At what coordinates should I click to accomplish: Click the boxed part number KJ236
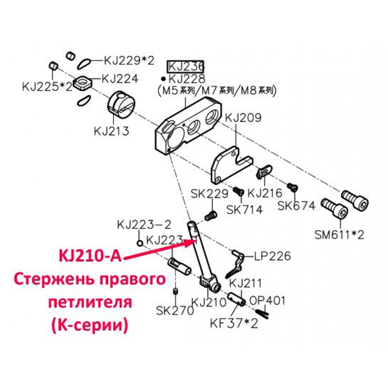[185, 67]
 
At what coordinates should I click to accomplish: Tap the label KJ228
[187, 79]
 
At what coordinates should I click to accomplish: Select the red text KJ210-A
[90, 256]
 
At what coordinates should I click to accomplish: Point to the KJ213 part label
[112, 131]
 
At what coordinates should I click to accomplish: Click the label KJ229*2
[129, 60]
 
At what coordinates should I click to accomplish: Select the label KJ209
[243, 118]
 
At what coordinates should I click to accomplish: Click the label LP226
[272, 256]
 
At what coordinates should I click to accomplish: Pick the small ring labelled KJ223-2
[140, 243]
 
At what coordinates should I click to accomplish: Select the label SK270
[175, 310]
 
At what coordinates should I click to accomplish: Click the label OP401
[267, 301]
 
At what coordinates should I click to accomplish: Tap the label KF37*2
[234, 323]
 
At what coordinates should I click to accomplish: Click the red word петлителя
[90, 302]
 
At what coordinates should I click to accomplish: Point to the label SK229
[210, 194]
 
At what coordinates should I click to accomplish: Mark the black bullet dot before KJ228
[163, 79]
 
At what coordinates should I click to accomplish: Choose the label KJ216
[265, 193]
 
